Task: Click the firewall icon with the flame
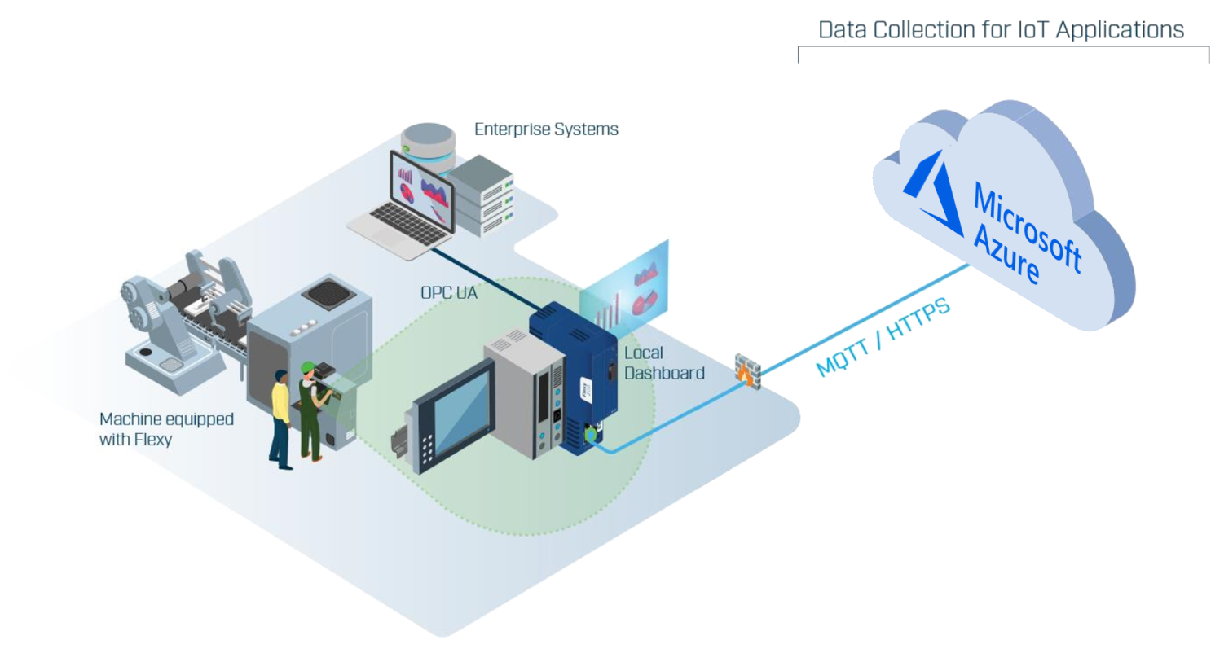747,370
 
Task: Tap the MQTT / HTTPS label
883,337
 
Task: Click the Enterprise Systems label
546,129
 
